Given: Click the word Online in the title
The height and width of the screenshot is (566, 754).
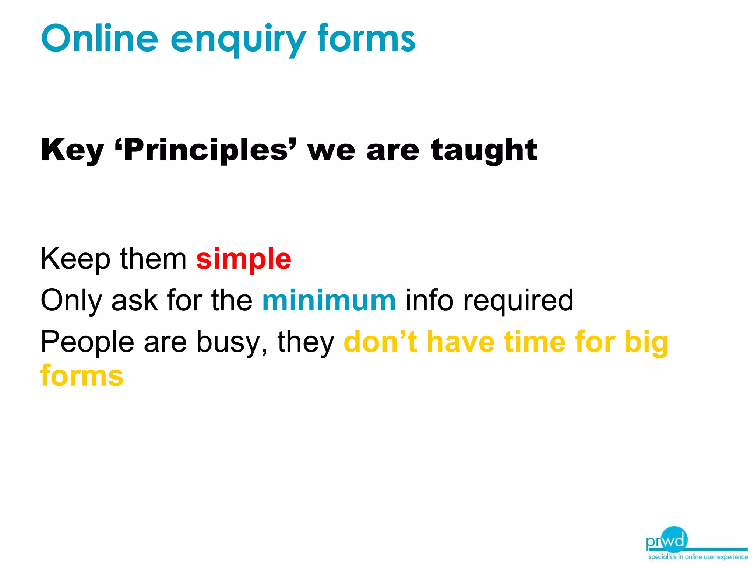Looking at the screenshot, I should point(100,38).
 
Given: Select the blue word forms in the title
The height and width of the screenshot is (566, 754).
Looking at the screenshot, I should point(366,38).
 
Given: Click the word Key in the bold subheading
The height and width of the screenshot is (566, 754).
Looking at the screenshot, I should point(72,150).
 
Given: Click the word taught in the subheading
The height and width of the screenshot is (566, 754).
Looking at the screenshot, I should point(484,150).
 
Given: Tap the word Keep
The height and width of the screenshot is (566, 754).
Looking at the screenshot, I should point(75,259).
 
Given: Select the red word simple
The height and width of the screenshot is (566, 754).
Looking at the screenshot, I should point(244,259).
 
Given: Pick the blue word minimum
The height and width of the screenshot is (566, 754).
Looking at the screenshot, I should point(329,301).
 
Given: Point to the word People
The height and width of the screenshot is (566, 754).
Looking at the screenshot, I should point(87,342).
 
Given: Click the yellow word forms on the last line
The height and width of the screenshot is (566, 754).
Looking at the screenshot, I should point(82,376).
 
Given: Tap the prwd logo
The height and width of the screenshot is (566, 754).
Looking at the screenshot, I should point(667,540).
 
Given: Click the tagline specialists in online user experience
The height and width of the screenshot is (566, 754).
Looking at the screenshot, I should point(698,557).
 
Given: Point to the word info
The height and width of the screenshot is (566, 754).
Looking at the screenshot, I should point(429,301).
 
